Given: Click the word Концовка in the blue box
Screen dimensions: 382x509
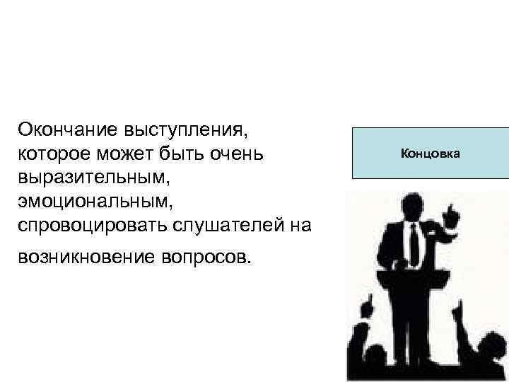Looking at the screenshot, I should [430, 153].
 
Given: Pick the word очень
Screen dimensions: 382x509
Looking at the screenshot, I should [238, 153].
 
